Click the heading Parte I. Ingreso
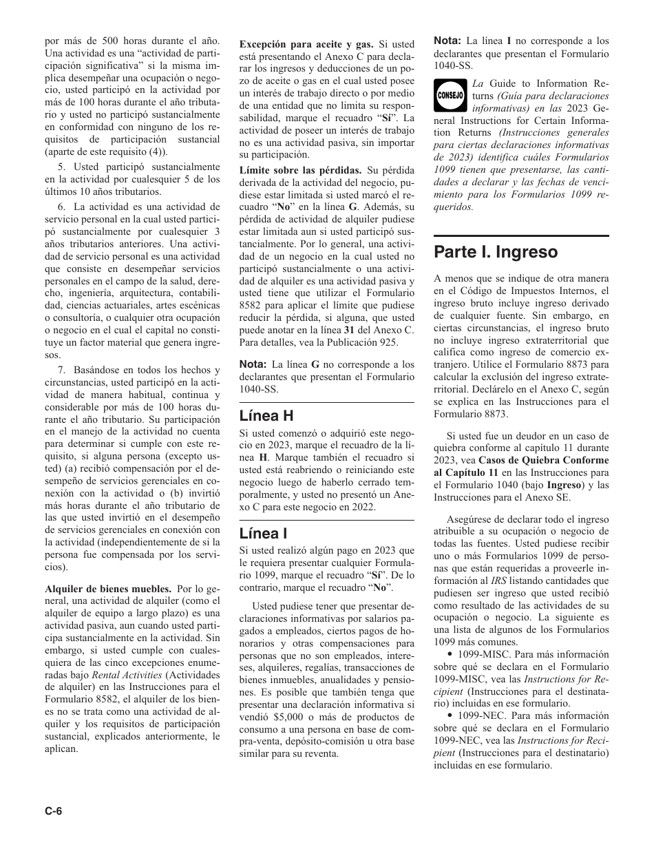(x=496, y=252)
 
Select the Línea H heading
(x=266, y=415)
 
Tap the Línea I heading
(x=263, y=533)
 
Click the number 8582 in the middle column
(x=251, y=306)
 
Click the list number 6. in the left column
(x=61, y=207)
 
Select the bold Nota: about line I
(x=447, y=41)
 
